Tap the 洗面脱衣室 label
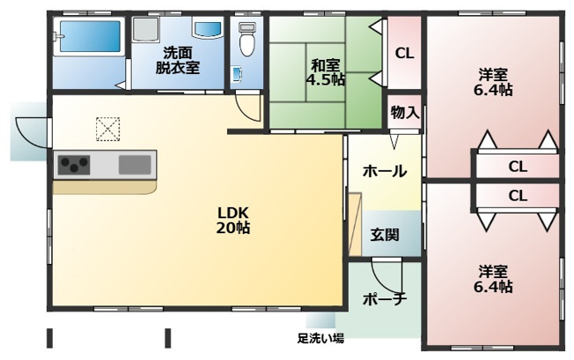pyautogui.click(x=178, y=59)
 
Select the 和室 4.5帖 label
pyautogui.click(x=326, y=70)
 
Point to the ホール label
pyautogui.click(x=384, y=171)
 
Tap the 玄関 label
pyautogui.click(x=384, y=235)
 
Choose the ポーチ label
pyautogui.click(x=384, y=299)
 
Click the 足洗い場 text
pyautogui.click(x=320, y=338)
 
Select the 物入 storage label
pyautogui.click(x=405, y=113)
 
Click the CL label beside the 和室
pyautogui.click(x=404, y=54)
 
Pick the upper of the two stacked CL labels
pyautogui.click(x=517, y=165)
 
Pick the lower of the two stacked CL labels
pyautogui.click(x=517, y=195)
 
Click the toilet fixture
pyautogui.click(x=247, y=40)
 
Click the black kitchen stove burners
pyautogui.click(x=74, y=164)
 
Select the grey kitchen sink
pyautogui.click(x=135, y=164)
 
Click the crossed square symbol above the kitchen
pyautogui.click(x=107, y=129)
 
